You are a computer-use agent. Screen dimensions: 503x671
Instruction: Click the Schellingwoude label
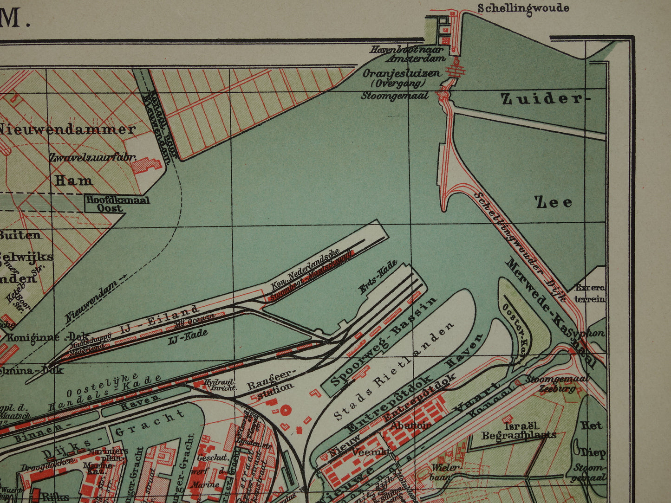pyautogui.click(x=523, y=8)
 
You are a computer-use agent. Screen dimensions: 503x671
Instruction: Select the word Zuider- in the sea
pyautogui.click(x=541, y=98)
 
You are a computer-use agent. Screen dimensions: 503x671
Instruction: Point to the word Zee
pyautogui.click(x=554, y=202)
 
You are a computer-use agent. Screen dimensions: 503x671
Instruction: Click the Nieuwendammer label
pyautogui.click(x=67, y=129)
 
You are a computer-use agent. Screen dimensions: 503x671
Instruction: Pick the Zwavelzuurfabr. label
pyautogui.click(x=93, y=158)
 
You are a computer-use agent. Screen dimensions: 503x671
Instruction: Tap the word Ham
pyautogui.click(x=73, y=180)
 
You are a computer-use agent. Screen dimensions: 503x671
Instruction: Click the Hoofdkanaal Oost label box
pyautogui.click(x=117, y=204)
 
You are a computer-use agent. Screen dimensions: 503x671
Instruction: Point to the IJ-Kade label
pyautogui.click(x=188, y=336)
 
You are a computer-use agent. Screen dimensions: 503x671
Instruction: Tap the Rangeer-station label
pyautogui.click(x=272, y=389)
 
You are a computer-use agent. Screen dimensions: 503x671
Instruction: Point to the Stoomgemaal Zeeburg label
pyautogui.click(x=557, y=383)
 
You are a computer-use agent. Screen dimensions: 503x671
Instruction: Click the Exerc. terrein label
pyautogui.click(x=590, y=293)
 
